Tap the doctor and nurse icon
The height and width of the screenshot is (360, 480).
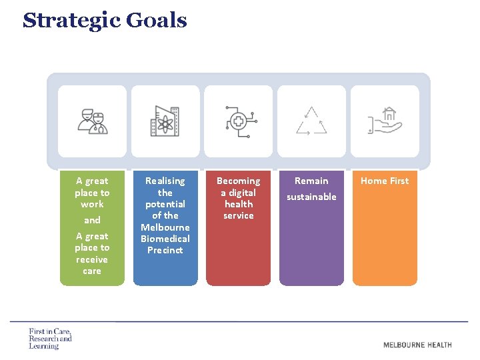[x=92, y=121]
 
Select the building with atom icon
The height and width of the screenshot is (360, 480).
[x=165, y=121]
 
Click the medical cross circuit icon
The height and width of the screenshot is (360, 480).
[x=238, y=121]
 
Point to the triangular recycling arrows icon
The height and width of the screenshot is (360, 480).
[x=311, y=121]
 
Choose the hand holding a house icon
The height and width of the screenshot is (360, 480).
[x=385, y=121]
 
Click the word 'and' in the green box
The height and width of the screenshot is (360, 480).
[x=92, y=220]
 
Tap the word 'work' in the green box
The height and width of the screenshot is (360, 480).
[x=92, y=204]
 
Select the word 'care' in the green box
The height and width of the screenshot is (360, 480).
[x=92, y=271]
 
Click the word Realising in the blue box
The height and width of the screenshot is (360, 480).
[x=165, y=181]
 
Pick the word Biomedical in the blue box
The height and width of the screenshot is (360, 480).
[x=165, y=239]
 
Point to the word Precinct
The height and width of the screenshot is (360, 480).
[x=165, y=250]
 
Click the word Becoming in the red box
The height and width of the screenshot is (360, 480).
[x=239, y=181]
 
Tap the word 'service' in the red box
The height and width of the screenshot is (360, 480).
[x=239, y=215]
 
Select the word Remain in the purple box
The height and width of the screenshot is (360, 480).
[x=311, y=181]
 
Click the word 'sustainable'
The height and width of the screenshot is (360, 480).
[x=311, y=197]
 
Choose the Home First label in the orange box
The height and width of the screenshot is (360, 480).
[x=385, y=181]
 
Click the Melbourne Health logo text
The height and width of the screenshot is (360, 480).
[x=417, y=345]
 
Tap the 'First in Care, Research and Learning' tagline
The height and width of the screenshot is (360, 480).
[x=50, y=339]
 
